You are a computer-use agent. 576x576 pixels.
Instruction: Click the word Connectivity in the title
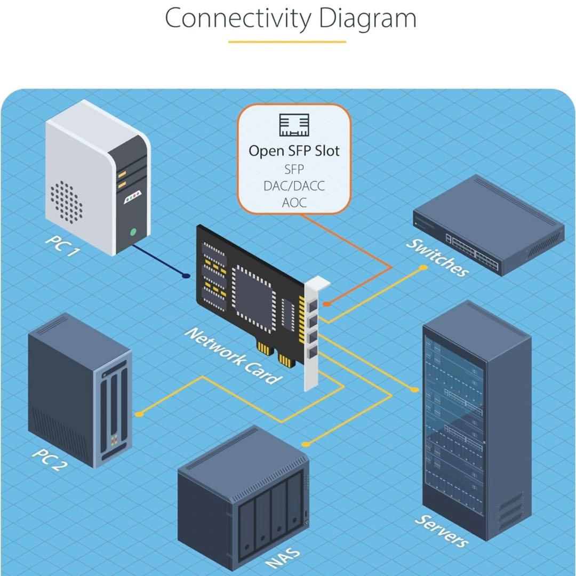(x=238, y=18)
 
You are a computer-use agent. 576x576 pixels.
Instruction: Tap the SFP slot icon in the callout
(x=294, y=125)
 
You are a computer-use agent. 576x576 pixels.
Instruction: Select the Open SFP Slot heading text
(x=294, y=150)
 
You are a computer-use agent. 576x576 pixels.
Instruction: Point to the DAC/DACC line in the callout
(x=294, y=186)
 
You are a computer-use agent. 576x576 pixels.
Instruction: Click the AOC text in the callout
(x=294, y=203)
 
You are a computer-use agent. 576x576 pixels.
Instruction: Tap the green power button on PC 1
(x=133, y=232)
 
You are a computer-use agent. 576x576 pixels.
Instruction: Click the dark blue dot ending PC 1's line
(x=186, y=276)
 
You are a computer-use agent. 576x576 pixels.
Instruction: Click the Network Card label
(x=233, y=356)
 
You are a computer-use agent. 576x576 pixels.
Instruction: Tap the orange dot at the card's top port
(x=326, y=303)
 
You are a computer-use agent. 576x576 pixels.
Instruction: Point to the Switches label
(x=437, y=258)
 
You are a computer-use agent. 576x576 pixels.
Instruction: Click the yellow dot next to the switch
(x=423, y=268)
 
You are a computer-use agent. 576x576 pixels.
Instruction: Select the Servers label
(x=442, y=531)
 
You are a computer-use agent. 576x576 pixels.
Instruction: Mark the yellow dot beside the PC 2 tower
(x=139, y=414)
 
